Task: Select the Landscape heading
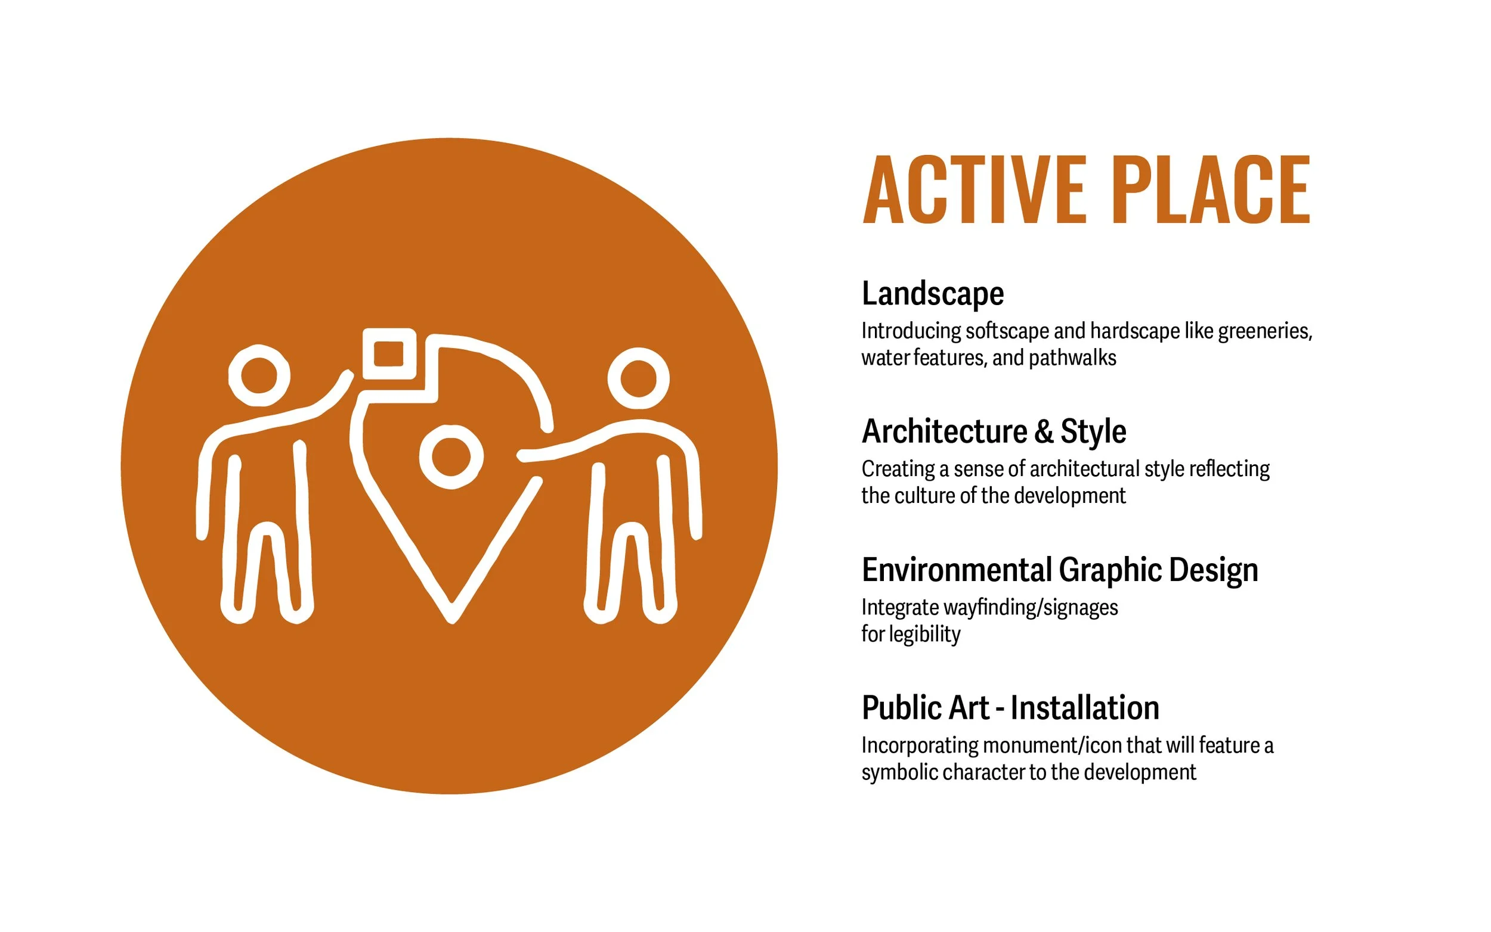pyautogui.click(x=932, y=293)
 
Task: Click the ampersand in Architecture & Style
pyautogui.click(x=1044, y=431)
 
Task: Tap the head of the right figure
pyautogui.click(x=639, y=378)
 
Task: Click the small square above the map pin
pyautogui.click(x=389, y=354)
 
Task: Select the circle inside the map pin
pyautogui.click(x=451, y=456)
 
